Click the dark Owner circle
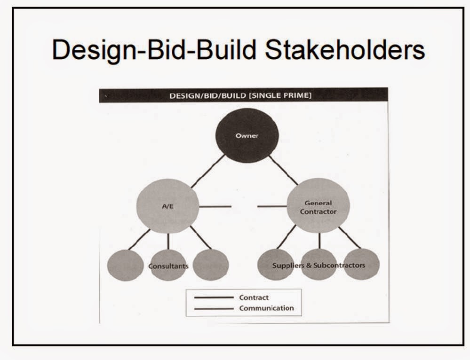coord(247,136)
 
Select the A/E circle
coord(167,206)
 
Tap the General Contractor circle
coord(318,206)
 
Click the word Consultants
coord(168,266)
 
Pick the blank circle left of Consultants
coord(125,266)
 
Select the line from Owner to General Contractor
coord(283,170)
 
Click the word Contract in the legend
coord(254,297)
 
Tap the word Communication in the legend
coord(266,308)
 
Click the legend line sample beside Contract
coord(214,297)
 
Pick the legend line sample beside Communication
coord(214,309)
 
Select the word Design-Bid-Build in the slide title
coord(155,50)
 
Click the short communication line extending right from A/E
coord(215,206)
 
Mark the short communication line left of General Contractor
coord(271,206)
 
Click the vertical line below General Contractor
coord(319,241)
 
